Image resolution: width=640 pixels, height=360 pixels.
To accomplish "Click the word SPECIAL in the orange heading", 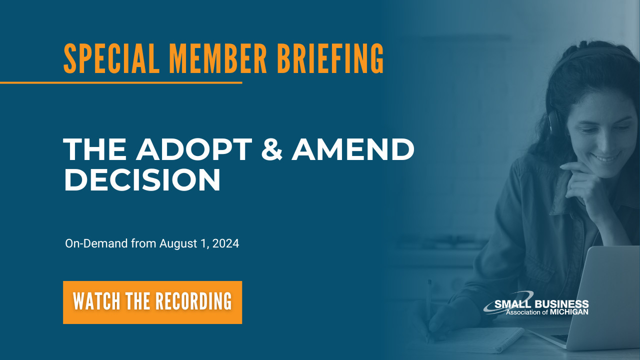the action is tap(111, 59).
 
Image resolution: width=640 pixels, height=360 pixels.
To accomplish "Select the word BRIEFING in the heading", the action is tap(330, 59).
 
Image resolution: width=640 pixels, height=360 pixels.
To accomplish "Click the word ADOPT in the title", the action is tap(194, 149).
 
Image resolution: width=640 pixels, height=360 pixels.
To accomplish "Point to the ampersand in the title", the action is tap(271, 149).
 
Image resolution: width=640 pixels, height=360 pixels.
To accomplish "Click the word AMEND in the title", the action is tap(353, 149).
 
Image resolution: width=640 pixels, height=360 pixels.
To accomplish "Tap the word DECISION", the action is tap(142, 179).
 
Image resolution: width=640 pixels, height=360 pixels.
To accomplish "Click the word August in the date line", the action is tap(178, 243).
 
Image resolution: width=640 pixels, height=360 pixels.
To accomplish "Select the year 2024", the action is tap(225, 243).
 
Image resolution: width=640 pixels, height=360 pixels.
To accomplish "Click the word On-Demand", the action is tap(96, 243).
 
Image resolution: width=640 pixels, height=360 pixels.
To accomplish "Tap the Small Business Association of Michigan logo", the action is tap(536, 303).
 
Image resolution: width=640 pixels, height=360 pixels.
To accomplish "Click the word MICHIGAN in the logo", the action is tap(569, 312).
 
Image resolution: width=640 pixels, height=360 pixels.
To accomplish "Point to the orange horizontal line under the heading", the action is tap(121, 83).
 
